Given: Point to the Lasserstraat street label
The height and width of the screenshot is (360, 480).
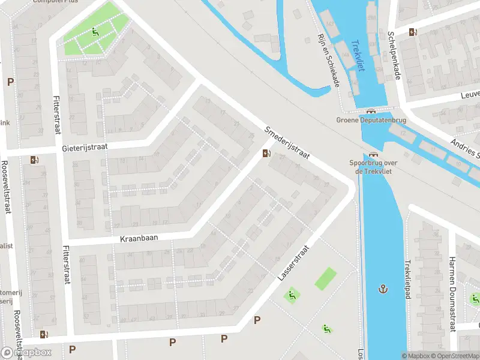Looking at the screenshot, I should pos(293,263).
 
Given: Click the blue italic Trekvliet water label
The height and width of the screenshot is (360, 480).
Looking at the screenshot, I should pos(358,56).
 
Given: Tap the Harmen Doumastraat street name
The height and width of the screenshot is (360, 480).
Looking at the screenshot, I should pos(452,294).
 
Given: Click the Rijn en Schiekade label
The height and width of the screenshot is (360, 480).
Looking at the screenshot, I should pos(328,60).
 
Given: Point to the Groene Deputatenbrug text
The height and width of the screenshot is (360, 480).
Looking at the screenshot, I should pos(371,121).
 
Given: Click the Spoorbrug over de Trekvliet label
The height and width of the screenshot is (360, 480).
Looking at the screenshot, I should pos(374,166).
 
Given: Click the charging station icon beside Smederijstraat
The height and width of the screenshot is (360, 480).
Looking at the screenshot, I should pos(266,154).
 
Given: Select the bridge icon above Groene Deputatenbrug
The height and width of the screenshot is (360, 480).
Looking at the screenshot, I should pos(371,111).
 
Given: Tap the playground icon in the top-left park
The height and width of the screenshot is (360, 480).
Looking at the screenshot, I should pos(95,32).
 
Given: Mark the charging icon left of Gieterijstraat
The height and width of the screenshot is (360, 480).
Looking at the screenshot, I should pos(34,160).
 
